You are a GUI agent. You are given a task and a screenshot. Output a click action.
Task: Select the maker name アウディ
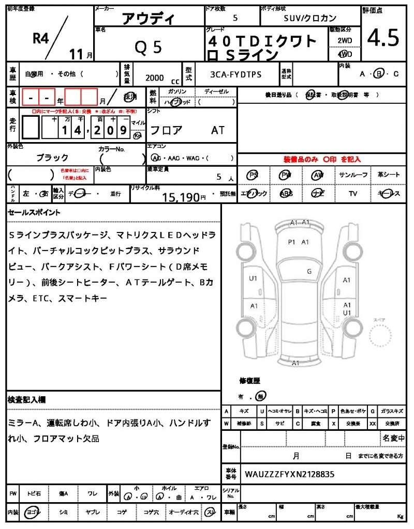[148, 19]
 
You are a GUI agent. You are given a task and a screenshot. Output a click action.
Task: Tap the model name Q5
[149, 47]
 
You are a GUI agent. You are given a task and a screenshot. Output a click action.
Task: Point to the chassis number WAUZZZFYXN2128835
[289, 473]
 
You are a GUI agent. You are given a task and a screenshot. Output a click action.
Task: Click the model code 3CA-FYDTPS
[235, 75]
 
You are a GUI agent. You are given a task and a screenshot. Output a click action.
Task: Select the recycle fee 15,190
[181, 197]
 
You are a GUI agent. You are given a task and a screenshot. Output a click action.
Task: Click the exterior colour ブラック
[52, 158]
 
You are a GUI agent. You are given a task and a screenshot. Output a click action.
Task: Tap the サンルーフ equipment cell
[353, 175]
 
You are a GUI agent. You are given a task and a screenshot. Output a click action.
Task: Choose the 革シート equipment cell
[389, 175]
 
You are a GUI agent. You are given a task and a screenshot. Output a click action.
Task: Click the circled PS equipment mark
[253, 175]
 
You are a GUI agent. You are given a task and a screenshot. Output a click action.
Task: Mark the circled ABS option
[286, 193]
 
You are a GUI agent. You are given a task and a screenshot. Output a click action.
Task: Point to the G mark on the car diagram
[309, 271]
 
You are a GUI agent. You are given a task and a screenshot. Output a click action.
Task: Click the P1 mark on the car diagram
[291, 241]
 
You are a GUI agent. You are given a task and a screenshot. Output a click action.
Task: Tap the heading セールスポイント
[34, 212]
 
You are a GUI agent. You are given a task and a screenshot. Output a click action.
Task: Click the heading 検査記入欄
[27, 400]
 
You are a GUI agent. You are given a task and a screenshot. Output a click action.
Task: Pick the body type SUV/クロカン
[310, 18]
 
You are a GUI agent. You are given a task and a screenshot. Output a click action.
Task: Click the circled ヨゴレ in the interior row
[33, 511]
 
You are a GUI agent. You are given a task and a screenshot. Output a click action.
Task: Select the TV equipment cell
[353, 193]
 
